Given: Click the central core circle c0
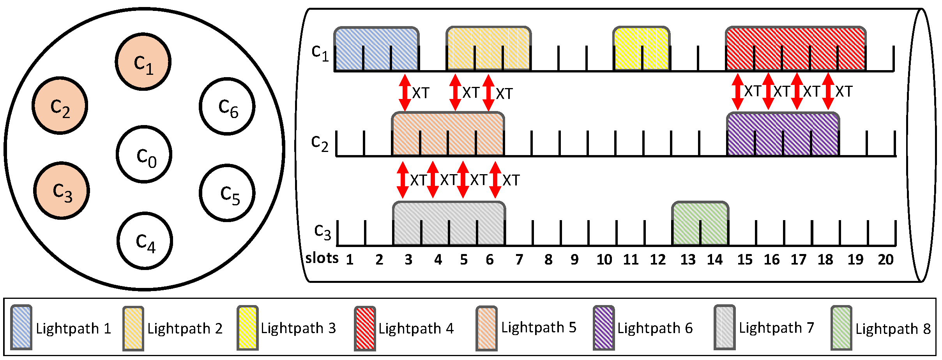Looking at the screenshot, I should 144,154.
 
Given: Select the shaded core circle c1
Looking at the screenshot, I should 143,62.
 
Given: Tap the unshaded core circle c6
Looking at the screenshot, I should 227,106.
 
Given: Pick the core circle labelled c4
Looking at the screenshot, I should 145,241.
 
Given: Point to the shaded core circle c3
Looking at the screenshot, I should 62,191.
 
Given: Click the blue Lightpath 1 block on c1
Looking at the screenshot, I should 376,49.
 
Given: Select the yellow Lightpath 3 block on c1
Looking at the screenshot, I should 642,49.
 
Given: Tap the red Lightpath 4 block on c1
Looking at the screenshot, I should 795,49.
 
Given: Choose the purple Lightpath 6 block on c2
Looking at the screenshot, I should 783,134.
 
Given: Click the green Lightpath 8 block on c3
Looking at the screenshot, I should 700,224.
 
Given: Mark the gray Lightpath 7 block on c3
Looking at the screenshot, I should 449,224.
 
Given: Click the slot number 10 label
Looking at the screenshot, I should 604,259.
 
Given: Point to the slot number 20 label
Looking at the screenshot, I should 885,259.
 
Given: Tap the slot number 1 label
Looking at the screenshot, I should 350,259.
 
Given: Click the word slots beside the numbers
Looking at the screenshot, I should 322,258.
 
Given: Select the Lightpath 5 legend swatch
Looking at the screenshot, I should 486,328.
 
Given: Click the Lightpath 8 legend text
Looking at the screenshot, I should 893,329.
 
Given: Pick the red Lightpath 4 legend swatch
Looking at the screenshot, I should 365,328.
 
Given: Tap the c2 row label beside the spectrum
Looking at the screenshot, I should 320,143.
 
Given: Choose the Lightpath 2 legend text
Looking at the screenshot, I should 185,328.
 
